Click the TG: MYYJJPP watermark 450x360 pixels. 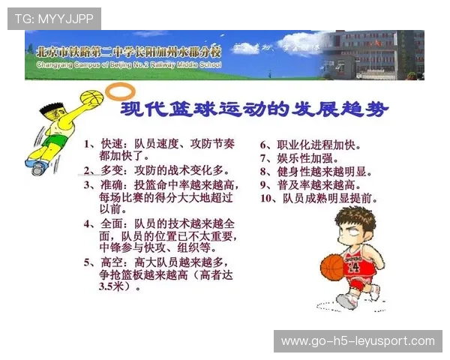tap(54, 18)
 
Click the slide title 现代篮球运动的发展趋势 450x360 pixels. tap(256, 110)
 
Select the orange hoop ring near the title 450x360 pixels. tap(117, 92)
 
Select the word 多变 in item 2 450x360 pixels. tap(111, 170)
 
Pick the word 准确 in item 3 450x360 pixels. tap(111, 184)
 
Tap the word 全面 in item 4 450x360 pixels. tap(111, 223)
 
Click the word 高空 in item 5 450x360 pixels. tap(111, 262)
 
